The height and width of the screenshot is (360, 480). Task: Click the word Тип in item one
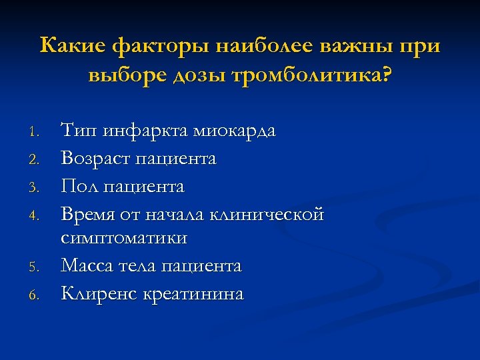77,130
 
